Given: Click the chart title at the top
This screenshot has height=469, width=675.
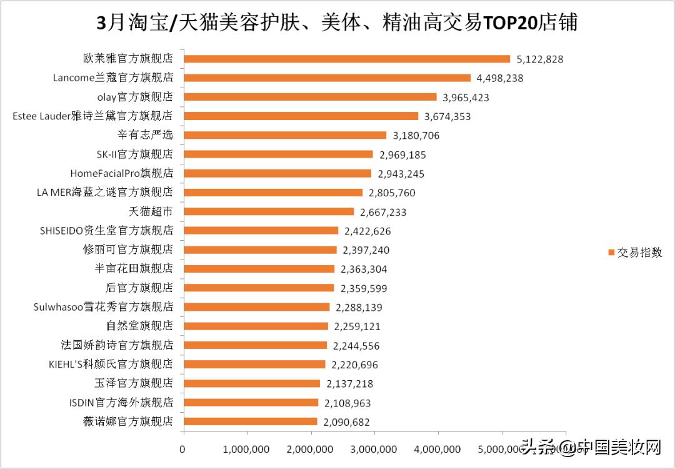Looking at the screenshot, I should [337, 23].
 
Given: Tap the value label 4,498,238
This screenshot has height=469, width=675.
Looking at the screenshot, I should [499, 78].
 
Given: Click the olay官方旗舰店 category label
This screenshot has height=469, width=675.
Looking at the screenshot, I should [135, 97].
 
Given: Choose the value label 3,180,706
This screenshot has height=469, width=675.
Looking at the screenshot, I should [416, 136].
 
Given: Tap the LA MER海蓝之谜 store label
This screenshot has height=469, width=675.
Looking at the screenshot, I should [104, 193].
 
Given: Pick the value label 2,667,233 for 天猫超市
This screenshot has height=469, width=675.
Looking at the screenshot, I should [382, 212].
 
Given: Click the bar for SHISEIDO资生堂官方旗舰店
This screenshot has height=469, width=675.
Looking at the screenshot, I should [261, 231].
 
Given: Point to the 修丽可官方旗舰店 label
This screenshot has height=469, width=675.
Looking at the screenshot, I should [127, 250].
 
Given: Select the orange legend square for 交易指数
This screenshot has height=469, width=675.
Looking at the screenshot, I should [611, 253].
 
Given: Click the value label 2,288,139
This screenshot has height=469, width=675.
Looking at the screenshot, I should [359, 308].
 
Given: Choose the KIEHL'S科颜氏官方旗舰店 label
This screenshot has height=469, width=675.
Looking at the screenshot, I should [111, 365].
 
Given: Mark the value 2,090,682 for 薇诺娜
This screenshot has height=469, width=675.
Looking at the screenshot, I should [347, 422].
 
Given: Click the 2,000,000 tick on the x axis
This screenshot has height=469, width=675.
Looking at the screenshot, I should [311, 449].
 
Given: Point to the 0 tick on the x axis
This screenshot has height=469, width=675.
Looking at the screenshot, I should [182, 449].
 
